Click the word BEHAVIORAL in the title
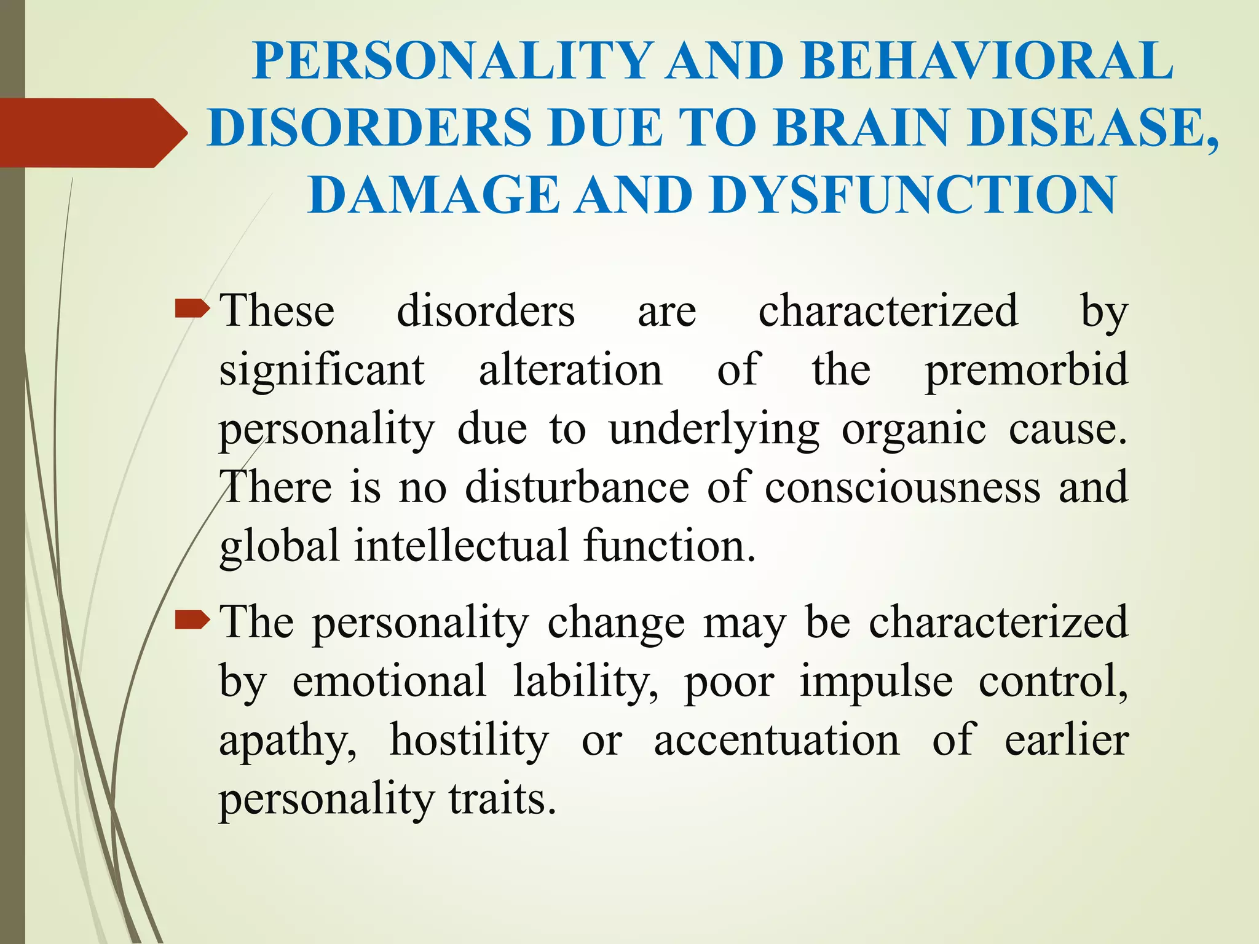987,61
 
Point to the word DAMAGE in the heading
433,195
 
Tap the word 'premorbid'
1027,371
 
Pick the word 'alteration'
570,371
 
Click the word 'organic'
914,429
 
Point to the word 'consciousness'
902,487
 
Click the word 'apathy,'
288,741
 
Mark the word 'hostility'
469,739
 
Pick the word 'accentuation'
776,739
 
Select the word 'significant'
322,371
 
